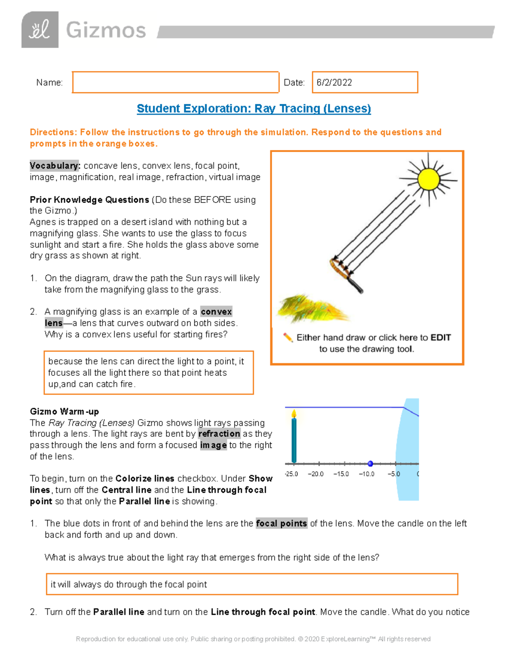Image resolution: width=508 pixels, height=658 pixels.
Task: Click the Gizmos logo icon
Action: click(40, 30)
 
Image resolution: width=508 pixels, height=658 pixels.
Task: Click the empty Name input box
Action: click(175, 82)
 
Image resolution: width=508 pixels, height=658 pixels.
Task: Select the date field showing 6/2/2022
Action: click(364, 82)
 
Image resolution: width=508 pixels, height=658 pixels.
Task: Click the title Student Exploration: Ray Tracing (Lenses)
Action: click(254, 108)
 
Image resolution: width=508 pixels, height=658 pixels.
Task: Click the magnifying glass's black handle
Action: click(355, 284)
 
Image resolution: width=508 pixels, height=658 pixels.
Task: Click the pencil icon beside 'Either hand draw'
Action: click(288, 338)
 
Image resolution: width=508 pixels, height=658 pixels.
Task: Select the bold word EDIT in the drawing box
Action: click(440, 338)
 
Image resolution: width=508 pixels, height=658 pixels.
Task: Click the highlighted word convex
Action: click(216, 312)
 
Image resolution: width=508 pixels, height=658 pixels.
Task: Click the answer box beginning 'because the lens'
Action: click(149, 373)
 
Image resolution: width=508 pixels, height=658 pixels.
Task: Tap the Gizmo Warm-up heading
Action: click(64, 411)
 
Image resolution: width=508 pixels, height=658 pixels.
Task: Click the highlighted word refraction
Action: click(219, 434)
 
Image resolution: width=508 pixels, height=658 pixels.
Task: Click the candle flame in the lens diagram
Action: click(294, 414)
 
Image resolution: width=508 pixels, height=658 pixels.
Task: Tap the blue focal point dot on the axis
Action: click(370, 464)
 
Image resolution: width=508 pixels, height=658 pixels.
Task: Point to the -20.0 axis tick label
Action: click(316, 474)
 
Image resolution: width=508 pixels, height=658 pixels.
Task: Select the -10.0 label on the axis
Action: click(366, 474)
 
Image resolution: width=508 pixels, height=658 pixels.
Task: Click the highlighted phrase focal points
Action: click(281, 524)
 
